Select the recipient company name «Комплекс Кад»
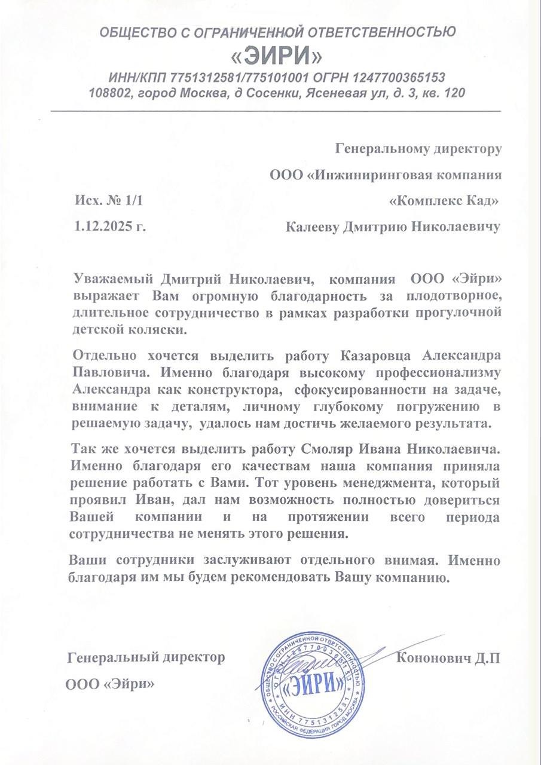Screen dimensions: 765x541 coord(444,201)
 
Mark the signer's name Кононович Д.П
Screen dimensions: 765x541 coord(448,658)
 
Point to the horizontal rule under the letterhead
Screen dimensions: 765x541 coord(275,112)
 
